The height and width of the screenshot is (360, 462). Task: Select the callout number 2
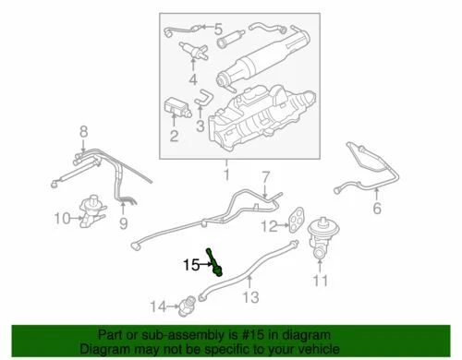pyautogui.click(x=173, y=138)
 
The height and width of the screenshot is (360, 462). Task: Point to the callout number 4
pyautogui.click(x=193, y=91)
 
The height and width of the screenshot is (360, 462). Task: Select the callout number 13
pyautogui.click(x=247, y=296)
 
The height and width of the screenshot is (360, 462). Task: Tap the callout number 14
pyautogui.click(x=158, y=306)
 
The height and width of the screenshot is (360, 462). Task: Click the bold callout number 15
pyautogui.click(x=189, y=264)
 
